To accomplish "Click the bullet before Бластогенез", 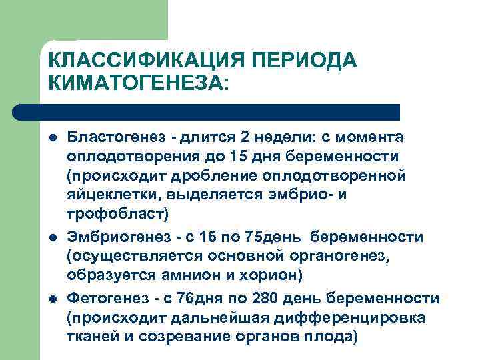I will pos(51,137).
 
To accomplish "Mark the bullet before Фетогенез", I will pos(51,297).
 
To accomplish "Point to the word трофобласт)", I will pos(119,214).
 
